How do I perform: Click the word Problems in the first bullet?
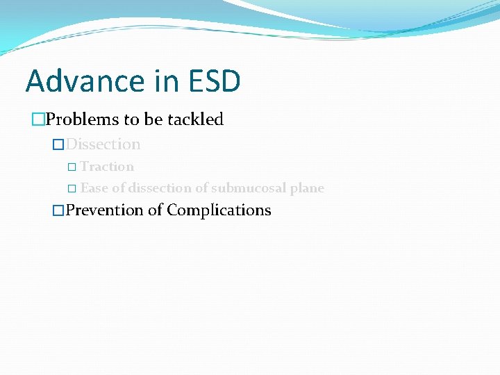click(83, 119)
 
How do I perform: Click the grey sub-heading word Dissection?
click(103, 144)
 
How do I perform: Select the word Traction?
click(107, 167)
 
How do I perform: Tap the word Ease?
click(94, 188)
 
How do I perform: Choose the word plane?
click(307, 188)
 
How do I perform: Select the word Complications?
click(219, 210)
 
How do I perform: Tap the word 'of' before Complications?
click(156, 210)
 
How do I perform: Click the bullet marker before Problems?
click(39, 120)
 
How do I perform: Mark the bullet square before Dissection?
click(59, 145)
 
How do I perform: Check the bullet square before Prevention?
click(59, 210)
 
